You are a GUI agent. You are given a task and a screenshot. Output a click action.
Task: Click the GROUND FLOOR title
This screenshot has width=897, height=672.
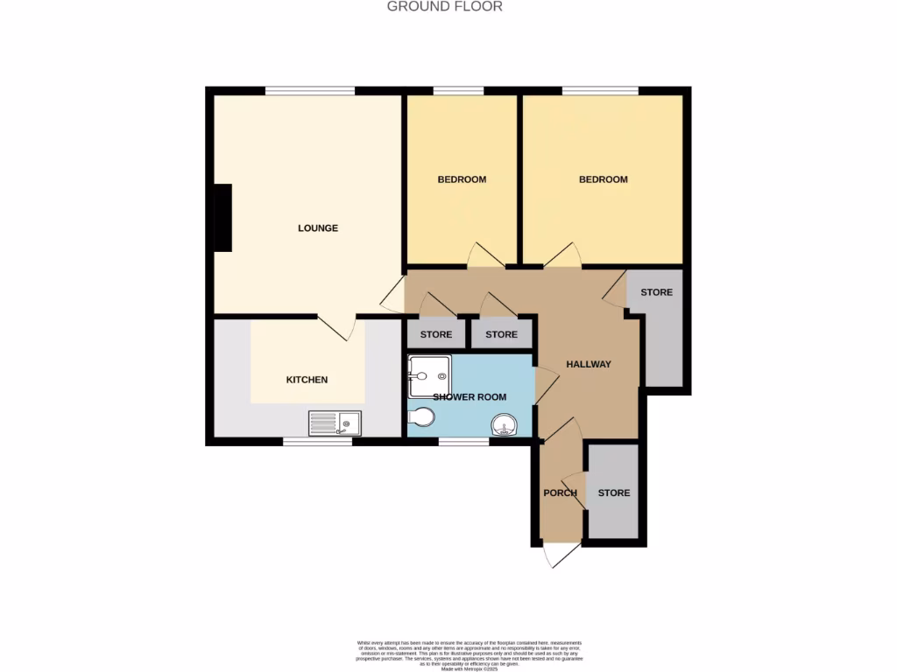(445, 7)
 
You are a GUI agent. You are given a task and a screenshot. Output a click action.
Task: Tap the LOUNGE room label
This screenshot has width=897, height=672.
(318, 228)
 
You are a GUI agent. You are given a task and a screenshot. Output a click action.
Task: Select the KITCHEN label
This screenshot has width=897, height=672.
(307, 380)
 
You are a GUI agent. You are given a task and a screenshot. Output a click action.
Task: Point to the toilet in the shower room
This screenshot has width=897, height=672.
(420, 417)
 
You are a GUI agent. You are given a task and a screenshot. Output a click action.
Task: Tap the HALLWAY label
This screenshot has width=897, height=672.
(588, 365)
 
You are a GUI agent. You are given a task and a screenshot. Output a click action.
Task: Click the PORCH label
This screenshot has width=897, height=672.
(561, 493)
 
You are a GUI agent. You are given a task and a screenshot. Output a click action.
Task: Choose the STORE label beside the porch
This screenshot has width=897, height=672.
(614, 493)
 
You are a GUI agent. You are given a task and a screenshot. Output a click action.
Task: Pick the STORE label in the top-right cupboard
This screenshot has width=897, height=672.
(656, 292)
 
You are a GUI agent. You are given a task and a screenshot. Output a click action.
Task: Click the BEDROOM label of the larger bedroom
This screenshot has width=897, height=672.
(604, 179)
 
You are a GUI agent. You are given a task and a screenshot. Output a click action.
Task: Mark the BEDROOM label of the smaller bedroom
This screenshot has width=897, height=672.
(462, 179)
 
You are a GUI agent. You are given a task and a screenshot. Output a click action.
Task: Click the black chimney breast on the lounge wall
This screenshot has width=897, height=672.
(222, 217)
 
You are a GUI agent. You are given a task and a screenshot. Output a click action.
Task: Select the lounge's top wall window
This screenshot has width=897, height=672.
(310, 90)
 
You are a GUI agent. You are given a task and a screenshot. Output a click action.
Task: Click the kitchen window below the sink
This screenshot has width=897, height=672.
(317, 442)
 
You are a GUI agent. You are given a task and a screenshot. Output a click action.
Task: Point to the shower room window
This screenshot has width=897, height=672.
(463, 442)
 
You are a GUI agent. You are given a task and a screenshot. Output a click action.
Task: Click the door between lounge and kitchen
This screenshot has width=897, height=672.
(335, 325)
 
